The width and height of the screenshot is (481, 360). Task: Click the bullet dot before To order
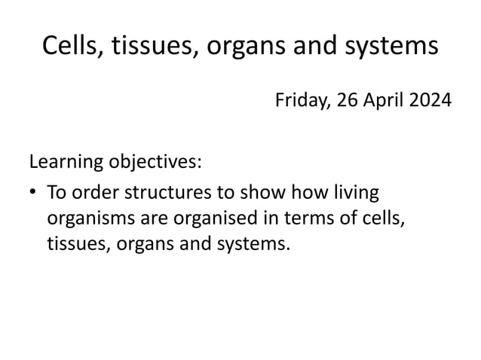(x=33, y=193)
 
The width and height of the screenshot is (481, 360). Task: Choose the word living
(x=353, y=193)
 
